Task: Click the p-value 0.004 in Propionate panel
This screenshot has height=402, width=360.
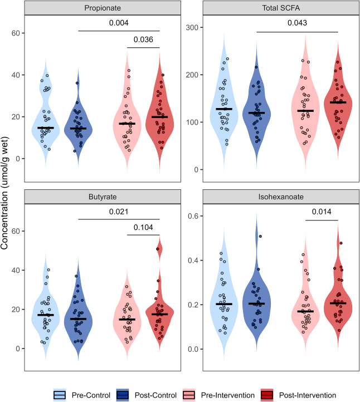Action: point(119,24)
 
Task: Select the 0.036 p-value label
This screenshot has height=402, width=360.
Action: point(143,41)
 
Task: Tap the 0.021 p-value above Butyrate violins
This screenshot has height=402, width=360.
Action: point(119,212)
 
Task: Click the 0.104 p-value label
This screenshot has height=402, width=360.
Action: point(143,228)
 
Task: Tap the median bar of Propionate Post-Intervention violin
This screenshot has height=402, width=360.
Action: point(159,117)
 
